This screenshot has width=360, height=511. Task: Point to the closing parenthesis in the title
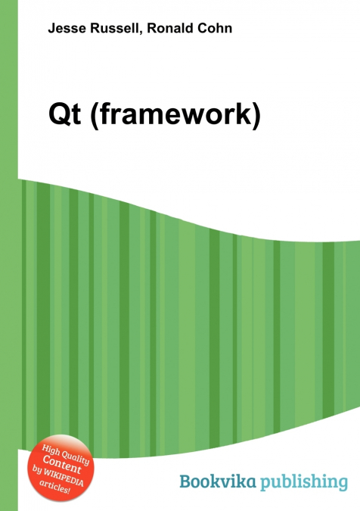click(x=256, y=116)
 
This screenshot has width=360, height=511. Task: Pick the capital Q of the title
click(x=56, y=115)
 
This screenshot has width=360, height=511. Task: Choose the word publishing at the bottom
click(x=306, y=482)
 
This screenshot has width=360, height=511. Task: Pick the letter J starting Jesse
click(x=51, y=29)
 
